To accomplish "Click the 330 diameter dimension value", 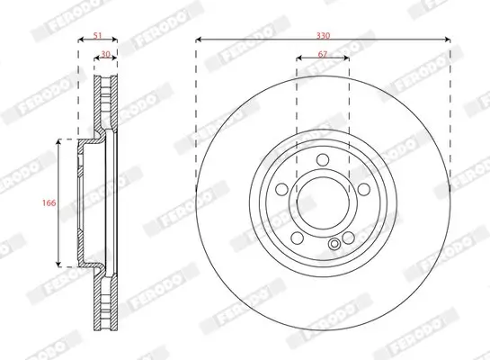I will coord(323,34).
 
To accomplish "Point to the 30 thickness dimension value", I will coord(106,55).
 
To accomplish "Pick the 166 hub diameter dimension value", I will coord(50,204).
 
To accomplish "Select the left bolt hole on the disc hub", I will coord(282,189).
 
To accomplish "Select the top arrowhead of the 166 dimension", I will coord(60,142).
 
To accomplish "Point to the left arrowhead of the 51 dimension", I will coord(80,40).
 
